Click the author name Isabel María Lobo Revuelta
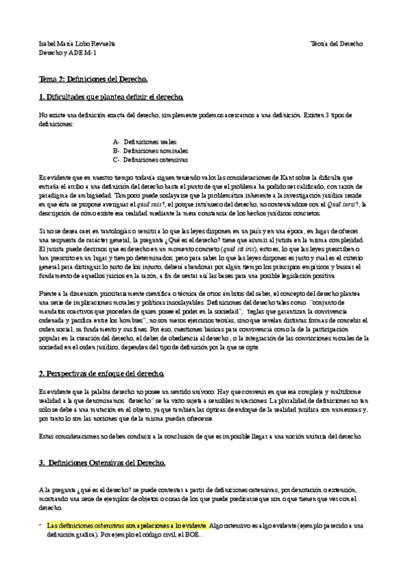tap(77, 43)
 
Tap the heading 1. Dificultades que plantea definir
tap(110, 97)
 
